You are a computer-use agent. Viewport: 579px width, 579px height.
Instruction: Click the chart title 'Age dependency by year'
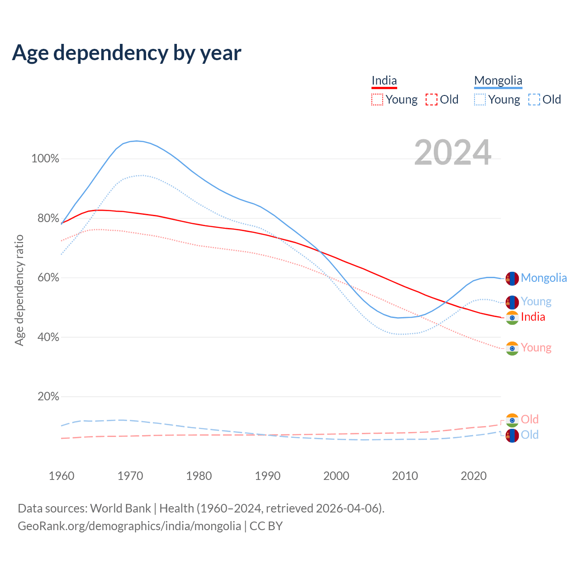point(127,52)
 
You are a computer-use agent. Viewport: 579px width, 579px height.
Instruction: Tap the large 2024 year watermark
point(452,153)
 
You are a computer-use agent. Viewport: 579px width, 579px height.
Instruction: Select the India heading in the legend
point(384,81)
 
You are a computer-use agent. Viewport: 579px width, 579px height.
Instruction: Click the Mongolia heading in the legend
point(498,81)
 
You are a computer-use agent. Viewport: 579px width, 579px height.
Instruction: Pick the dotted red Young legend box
point(377,100)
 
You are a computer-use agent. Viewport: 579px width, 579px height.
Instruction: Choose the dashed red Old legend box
point(432,100)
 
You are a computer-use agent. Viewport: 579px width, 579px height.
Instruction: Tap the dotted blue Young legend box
point(480,100)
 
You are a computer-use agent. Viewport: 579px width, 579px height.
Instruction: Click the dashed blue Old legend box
point(534,100)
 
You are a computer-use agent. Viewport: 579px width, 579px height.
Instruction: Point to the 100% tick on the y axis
point(45,159)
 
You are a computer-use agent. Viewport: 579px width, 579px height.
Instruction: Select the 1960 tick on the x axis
point(62,476)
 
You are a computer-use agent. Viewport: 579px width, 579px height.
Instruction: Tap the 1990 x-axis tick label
point(268,476)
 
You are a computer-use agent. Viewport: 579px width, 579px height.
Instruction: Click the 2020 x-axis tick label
point(474,476)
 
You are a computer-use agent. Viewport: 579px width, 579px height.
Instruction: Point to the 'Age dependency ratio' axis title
point(19,290)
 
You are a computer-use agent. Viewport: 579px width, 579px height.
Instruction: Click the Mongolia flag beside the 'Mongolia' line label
point(512,279)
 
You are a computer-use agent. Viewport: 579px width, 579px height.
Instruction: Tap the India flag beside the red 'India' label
point(512,318)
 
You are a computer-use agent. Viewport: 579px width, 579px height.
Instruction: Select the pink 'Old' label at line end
point(530,419)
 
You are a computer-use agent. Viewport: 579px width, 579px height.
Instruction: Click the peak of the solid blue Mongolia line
point(137,141)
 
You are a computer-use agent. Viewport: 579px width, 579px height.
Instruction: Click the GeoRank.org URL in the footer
point(129,526)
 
